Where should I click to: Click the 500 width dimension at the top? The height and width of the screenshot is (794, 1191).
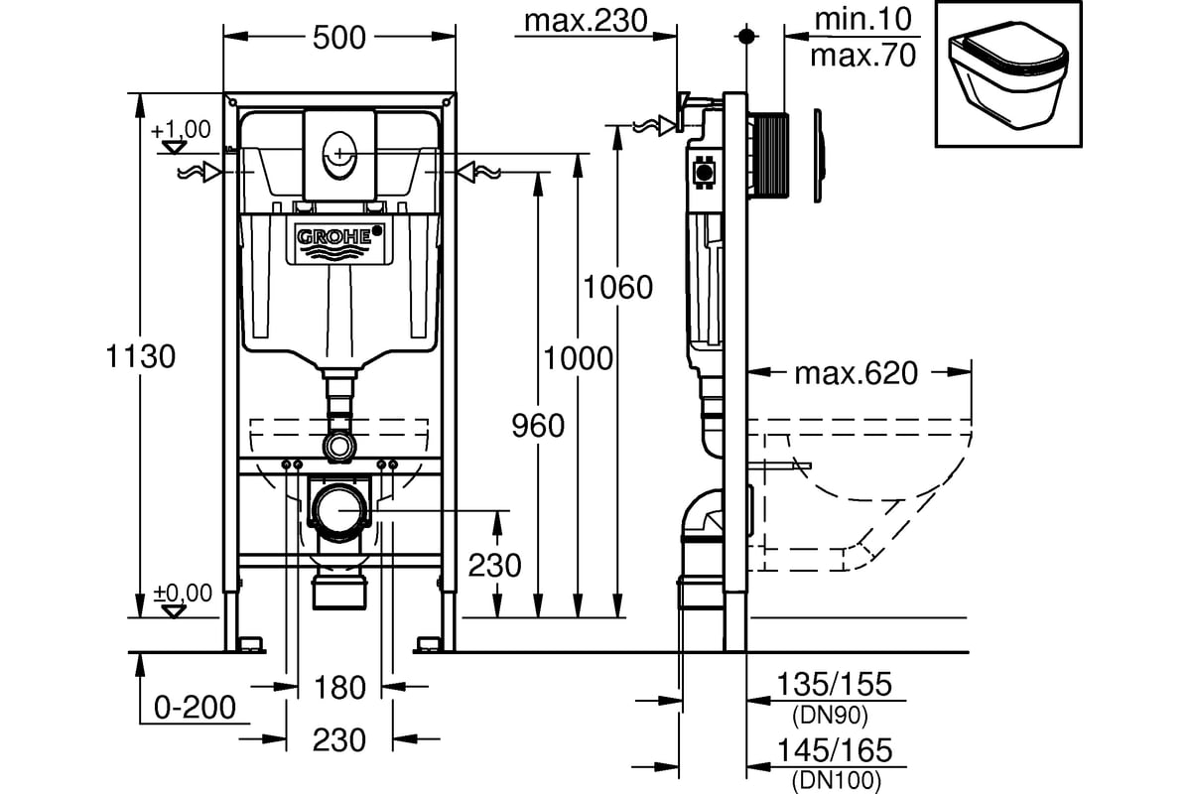(339, 37)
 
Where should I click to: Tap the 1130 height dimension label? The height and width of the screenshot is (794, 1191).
(139, 355)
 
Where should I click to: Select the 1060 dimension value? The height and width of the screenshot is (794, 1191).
(617, 288)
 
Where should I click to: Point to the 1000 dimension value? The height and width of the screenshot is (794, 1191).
(578, 357)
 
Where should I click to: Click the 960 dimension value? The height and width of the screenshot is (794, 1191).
(537, 426)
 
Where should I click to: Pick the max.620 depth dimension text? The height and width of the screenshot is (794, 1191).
(856, 373)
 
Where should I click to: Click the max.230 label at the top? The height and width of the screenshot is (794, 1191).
(585, 20)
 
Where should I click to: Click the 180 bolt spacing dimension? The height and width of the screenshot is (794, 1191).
(340, 687)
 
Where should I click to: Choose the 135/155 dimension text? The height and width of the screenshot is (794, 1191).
(836, 684)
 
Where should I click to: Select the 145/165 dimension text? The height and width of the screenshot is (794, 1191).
(836, 749)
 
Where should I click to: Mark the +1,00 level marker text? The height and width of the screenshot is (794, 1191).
(182, 128)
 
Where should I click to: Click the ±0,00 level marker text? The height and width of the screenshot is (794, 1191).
(183, 593)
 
